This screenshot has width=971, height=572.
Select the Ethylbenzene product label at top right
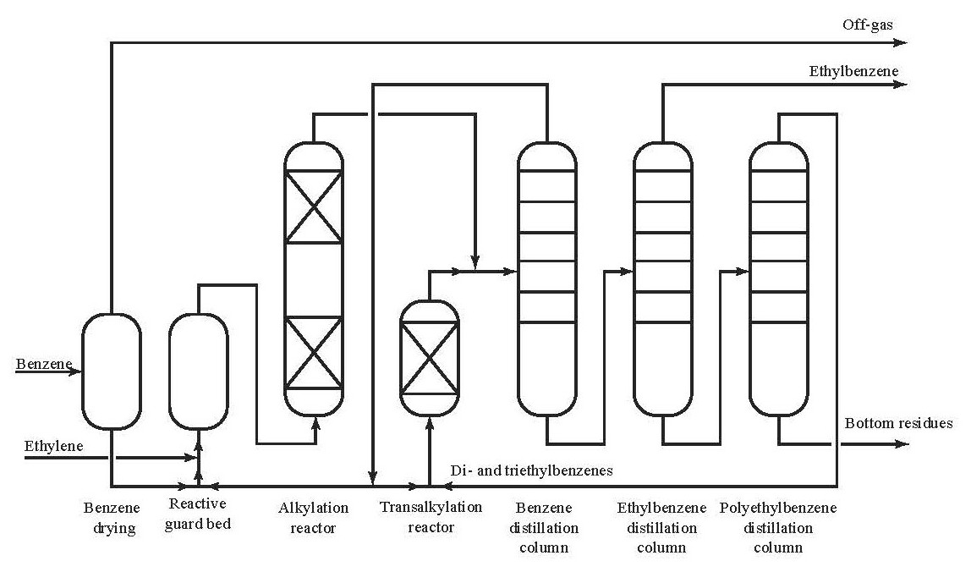click(x=853, y=71)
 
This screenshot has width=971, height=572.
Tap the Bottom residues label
click(x=898, y=423)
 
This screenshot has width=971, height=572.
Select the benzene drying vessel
click(x=111, y=371)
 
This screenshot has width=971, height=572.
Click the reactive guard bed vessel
click(x=199, y=371)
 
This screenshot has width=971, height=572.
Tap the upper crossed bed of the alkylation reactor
click(x=314, y=206)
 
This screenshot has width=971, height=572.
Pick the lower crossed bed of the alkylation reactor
click(x=314, y=351)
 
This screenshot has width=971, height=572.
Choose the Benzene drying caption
click(x=110, y=519)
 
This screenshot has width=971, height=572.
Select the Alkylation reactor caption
click(x=313, y=518)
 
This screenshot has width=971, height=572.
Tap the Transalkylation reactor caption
click(x=431, y=517)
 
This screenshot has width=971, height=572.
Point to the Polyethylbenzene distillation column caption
click(x=778, y=528)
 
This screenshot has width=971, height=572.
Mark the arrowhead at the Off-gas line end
click(x=902, y=41)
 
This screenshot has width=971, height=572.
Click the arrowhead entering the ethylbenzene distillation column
click(x=628, y=272)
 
